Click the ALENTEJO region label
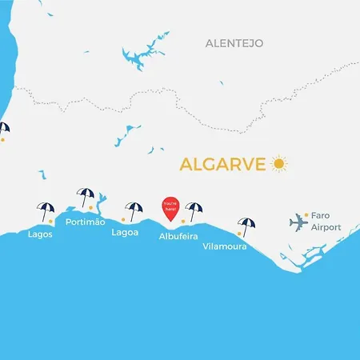pos(234,42)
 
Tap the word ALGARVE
pos(222,165)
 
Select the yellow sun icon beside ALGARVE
pos(278,164)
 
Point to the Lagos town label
pos(41,234)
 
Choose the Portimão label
pos(86,222)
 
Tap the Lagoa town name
pos(125,233)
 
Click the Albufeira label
pos(178,237)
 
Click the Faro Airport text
pos(326,222)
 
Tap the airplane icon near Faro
pos(298,221)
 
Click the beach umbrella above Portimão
pos(85,194)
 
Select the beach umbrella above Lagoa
pos(133,209)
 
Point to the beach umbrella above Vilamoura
pos(247,225)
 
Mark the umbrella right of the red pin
pos(194,210)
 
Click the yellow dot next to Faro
pos(306,214)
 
